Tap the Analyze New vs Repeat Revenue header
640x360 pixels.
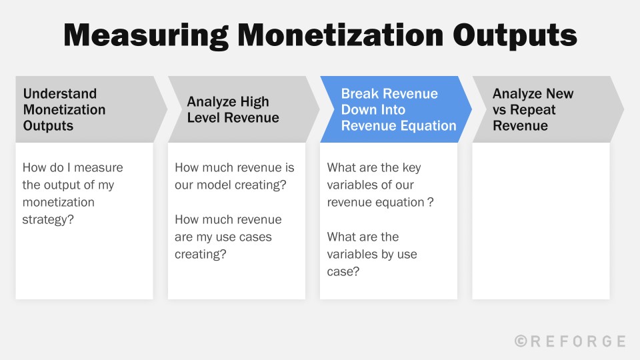(533, 109)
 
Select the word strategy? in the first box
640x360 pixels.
(49, 219)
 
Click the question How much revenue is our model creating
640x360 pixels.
(234, 176)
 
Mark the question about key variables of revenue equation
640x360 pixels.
(380, 185)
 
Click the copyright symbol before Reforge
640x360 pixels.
(521, 341)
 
